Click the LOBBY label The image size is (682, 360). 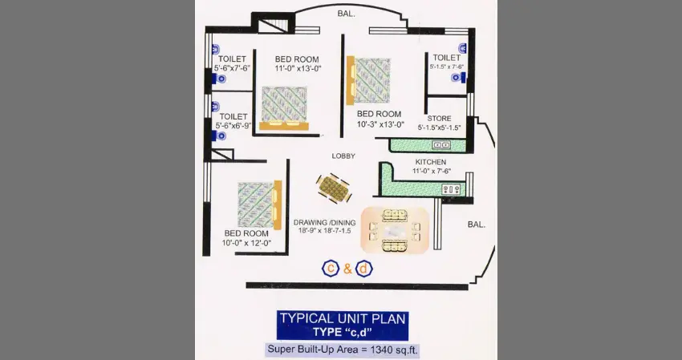(x=343, y=156)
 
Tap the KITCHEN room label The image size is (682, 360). (x=431, y=162)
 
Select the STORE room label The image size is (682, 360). (x=439, y=118)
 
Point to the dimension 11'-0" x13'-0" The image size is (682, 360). (x=297, y=69)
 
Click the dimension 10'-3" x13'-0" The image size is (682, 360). (x=380, y=124)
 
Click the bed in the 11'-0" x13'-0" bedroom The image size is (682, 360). (x=285, y=107)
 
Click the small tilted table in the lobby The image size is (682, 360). (x=334, y=189)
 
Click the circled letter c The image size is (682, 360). (x=330, y=269)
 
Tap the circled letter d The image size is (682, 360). (x=363, y=269)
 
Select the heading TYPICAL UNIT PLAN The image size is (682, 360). (x=343, y=318)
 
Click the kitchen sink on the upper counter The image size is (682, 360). (x=441, y=145)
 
